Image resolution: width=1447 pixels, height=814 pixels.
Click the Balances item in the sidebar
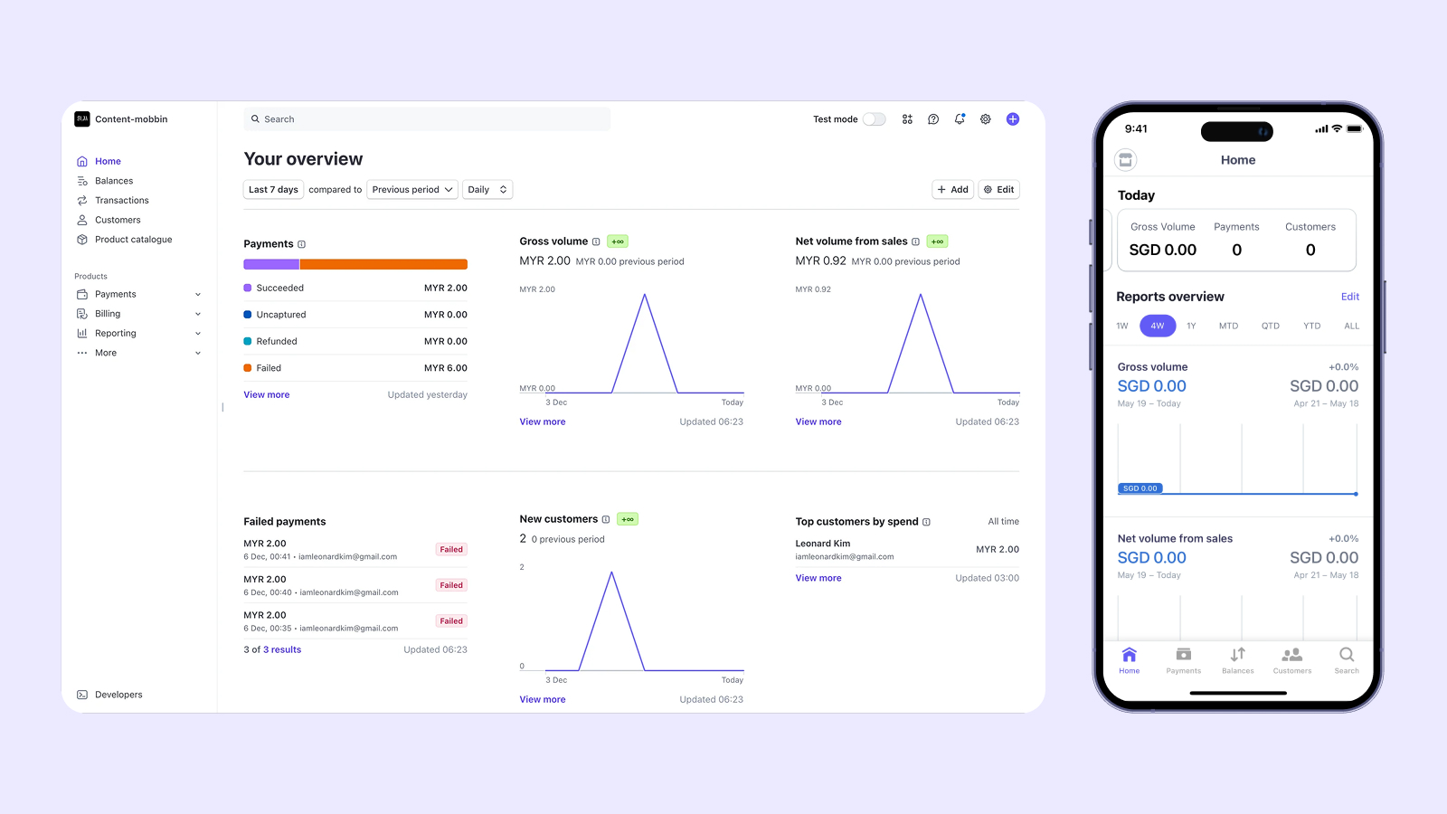click(x=113, y=181)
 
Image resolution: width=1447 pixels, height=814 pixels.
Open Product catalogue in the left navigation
click(x=133, y=240)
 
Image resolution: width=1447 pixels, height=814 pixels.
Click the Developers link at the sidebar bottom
click(x=118, y=695)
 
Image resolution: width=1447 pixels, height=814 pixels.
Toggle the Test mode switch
click(x=874, y=119)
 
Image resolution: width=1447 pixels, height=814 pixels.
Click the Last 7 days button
click(x=273, y=190)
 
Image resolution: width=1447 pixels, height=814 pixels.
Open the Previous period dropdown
click(x=412, y=190)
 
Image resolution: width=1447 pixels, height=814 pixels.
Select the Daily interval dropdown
click(x=487, y=190)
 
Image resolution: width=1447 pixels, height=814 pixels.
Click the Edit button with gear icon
click(x=999, y=190)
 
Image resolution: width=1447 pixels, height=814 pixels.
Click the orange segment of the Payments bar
click(x=383, y=264)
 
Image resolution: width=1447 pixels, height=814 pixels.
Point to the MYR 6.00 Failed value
click(x=445, y=368)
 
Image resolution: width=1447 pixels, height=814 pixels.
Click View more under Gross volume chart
click(x=543, y=421)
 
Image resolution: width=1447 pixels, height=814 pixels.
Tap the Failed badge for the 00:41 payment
click(x=451, y=550)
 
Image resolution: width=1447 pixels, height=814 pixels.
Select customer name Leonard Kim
click(x=822, y=544)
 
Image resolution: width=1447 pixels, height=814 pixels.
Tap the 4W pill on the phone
click(x=1158, y=326)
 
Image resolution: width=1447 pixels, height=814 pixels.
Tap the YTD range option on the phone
click(x=1311, y=326)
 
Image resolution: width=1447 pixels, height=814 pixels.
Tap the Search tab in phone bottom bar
click(x=1346, y=660)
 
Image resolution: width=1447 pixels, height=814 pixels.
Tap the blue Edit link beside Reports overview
click(x=1349, y=297)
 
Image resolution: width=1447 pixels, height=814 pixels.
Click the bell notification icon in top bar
click(x=960, y=119)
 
